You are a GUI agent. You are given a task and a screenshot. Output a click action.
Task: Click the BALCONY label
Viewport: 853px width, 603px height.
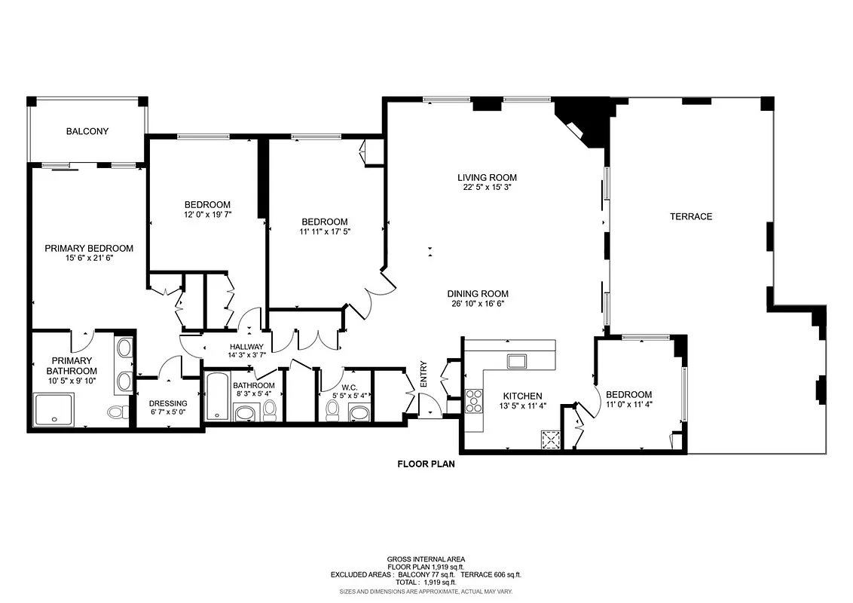pyautogui.click(x=87, y=131)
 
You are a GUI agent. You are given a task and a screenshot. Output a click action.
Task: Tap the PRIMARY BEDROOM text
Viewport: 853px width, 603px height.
pyautogui.click(x=89, y=248)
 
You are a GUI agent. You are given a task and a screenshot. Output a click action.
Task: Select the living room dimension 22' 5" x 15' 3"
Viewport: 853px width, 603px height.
pyautogui.click(x=487, y=188)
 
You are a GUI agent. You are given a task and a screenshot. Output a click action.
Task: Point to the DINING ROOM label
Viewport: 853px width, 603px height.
pyautogui.click(x=477, y=294)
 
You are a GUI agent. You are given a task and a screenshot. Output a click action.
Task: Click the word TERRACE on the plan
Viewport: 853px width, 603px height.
pyautogui.click(x=691, y=216)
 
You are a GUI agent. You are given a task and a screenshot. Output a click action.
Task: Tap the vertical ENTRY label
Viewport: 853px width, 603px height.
pyautogui.click(x=423, y=378)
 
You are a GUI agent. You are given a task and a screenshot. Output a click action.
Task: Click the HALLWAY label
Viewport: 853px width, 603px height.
pyautogui.click(x=246, y=347)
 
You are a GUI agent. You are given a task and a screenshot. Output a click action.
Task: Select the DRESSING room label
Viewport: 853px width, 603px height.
pyautogui.click(x=168, y=403)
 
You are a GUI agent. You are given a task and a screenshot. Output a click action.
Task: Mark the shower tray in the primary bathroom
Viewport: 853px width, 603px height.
pyautogui.click(x=54, y=410)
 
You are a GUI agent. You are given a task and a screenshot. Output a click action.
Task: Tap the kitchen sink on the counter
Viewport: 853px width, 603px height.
pyautogui.click(x=517, y=361)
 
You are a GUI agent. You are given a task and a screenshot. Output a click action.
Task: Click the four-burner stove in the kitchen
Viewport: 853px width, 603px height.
pyautogui.click(x=474, y=400)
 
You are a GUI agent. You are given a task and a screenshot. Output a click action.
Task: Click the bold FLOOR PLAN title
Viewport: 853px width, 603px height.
pyautogui.click(x=426, y=464)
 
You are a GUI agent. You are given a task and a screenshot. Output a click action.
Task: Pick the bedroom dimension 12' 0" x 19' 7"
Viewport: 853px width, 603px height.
pyautogui.click(x=207, y=214)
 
